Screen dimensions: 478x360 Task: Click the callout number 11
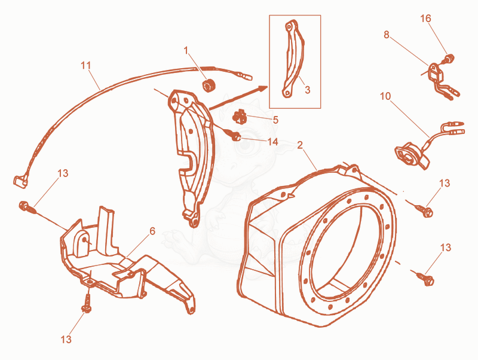click(x=86, y=66)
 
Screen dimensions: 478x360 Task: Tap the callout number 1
click(x=186, y=50)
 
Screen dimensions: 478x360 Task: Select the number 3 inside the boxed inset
click(x=307, y=90)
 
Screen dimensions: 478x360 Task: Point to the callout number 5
click(x=275, y=120)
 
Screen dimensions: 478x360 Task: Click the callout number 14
click(x=272, y=142)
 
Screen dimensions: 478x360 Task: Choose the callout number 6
click(x=152, y=231)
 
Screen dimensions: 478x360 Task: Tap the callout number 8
click(x=387, y=35)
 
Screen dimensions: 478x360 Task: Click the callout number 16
click(x=425, y=19)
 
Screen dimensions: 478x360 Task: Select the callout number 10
click(x=385, y=96)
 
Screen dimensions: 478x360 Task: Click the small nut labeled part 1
click(x=209, y=85)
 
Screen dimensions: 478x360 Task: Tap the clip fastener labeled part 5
click(x=240, y=117)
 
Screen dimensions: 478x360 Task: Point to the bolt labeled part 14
click(x=234, y=136)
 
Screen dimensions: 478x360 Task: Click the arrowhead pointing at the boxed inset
click(x=263, y=88)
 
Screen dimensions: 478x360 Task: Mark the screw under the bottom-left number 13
click(x=87, y=303)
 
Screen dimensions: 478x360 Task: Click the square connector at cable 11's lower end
click(x=20, y=181)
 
